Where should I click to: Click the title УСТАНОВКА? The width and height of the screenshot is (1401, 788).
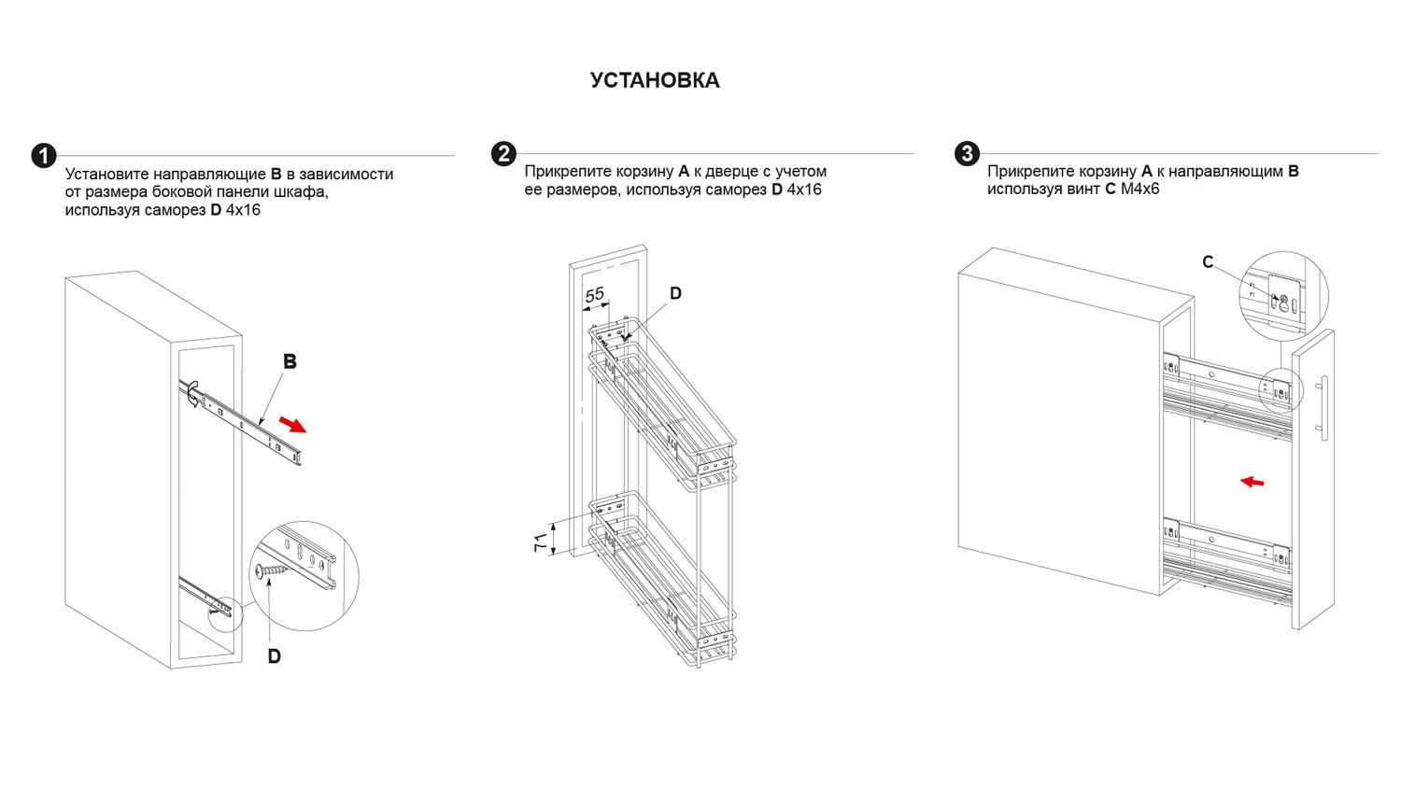655,81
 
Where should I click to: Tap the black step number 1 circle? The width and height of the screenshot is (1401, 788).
44,156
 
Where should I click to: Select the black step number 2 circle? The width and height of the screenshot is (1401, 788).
503,154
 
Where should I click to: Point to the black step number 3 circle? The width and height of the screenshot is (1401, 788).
967,154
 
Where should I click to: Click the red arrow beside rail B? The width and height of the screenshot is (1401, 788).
292,425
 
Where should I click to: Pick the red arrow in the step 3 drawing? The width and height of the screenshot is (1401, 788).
1252,482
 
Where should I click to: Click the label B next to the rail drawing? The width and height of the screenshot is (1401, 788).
290,362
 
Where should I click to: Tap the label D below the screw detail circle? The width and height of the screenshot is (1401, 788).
274,656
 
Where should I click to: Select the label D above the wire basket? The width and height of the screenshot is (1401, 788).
675,294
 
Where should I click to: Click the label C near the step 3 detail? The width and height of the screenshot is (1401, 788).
1208,262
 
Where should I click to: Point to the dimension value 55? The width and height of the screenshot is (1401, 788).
595,295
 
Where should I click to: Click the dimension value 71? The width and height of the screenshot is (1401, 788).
541,542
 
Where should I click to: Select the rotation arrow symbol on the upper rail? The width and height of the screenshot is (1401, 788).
192,394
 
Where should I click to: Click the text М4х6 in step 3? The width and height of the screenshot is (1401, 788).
1139,190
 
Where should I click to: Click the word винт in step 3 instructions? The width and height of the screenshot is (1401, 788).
1083,190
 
